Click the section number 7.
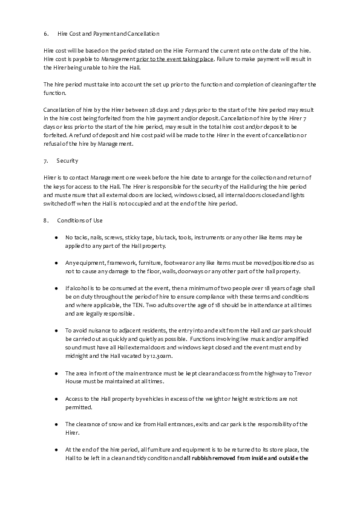click(46, 161)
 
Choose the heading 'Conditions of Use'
click(76, 221)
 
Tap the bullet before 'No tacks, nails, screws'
click(56, 238)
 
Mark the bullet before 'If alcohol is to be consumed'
click(56, 288)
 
